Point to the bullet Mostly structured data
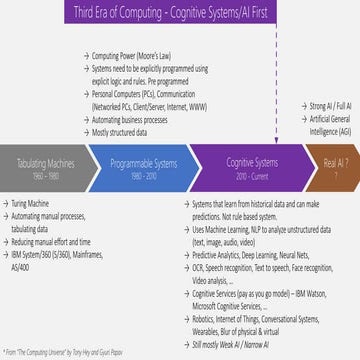pos(124,131)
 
